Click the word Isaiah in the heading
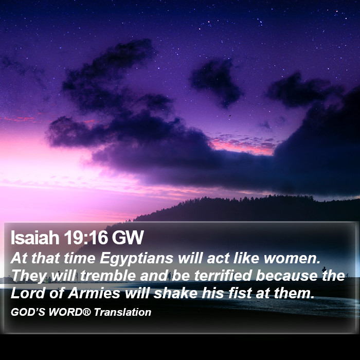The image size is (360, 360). [x=35, y=238]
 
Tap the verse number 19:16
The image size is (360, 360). [x=86, y=238]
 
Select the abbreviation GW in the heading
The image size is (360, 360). [x=128, y=238]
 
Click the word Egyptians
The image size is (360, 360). [x=136, y=259]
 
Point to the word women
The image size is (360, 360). [x=292, y=258]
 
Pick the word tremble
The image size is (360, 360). [x=107, y=276]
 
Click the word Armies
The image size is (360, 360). [x=94, y=293]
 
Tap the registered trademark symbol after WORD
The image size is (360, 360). [x=86, y=312]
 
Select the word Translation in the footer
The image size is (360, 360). [x=122, y=312]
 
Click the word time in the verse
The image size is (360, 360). [x=79, y=258]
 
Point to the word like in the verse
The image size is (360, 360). [x=246, y=258]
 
